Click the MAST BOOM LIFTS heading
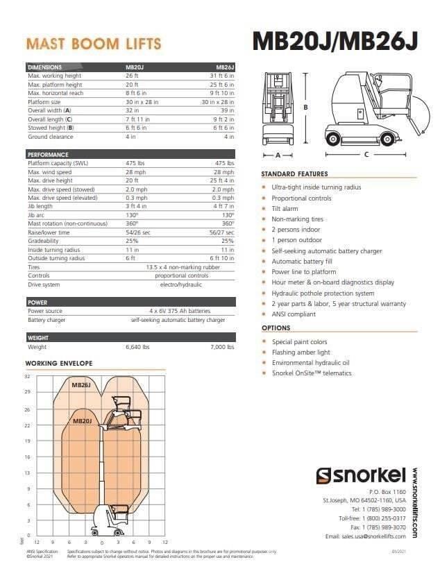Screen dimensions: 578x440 click(94, 44)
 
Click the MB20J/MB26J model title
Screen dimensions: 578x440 click(335, 41)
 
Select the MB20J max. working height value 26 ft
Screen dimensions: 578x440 click(132, 75)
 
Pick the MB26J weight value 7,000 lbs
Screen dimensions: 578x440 click(222, 346)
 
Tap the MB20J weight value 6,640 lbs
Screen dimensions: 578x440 click(137, 346)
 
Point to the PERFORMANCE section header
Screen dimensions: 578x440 click(48, 154)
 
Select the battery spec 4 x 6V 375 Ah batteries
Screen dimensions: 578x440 click(178, 311)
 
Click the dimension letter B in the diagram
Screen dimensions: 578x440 click(306, 107)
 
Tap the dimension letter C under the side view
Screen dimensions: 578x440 click(366, 154)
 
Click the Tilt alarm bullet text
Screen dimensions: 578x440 click(286, 208)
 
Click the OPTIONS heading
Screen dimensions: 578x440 click(276, 328)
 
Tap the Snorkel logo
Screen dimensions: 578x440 click(361, 475)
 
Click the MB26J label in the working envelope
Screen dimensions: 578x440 click(81, 384)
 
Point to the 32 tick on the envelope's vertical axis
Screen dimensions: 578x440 click(28, 377)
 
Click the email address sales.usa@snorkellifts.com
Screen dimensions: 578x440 click(368, 536)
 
